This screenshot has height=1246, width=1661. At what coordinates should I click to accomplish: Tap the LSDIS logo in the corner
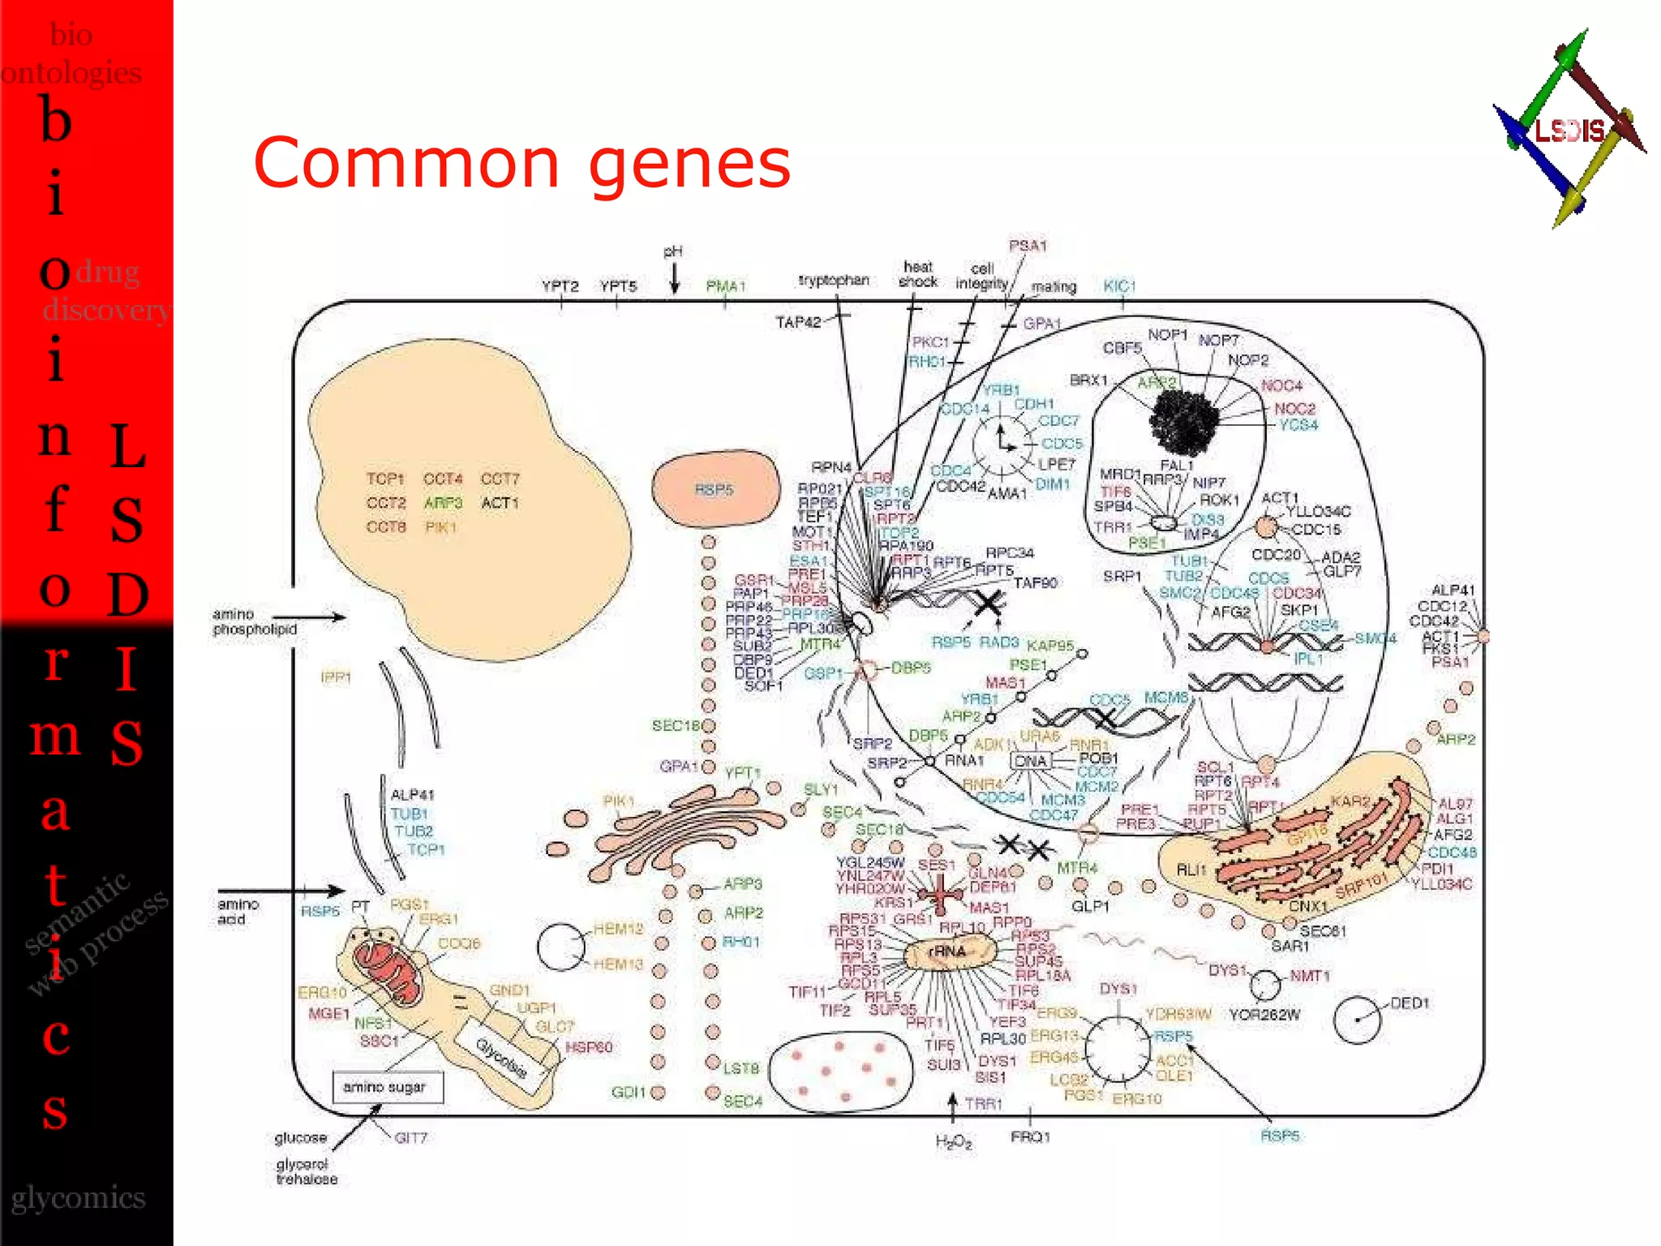tap(1569, 129)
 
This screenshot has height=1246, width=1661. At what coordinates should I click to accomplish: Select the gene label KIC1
tap(1119, 286)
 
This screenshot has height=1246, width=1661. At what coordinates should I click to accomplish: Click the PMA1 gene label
tap(725, 286)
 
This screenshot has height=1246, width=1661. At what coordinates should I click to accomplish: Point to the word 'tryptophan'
tap(833, 281)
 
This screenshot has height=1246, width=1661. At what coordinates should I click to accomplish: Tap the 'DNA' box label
tap(1031, 761)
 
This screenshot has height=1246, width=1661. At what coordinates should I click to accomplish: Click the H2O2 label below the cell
tap(953, 1141)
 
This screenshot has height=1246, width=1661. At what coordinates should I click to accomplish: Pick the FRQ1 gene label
tap(1030, 1137)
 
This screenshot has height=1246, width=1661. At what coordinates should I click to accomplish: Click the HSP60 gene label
tap(589, 1047)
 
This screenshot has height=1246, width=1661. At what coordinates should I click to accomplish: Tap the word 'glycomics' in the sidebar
tap(78, 1198)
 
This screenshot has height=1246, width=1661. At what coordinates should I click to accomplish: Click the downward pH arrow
tap(674, 280)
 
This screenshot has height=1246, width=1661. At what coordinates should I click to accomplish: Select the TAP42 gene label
tap(798, 323)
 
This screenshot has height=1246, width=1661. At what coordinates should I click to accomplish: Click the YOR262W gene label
tap(1264, 1015)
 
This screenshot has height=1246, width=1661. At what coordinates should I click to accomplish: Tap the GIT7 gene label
tap(410, 1138)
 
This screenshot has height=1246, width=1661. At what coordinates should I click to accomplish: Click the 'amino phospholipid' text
tap(255, 621)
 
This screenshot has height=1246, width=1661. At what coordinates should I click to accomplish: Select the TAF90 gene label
tap(1035, 582)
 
